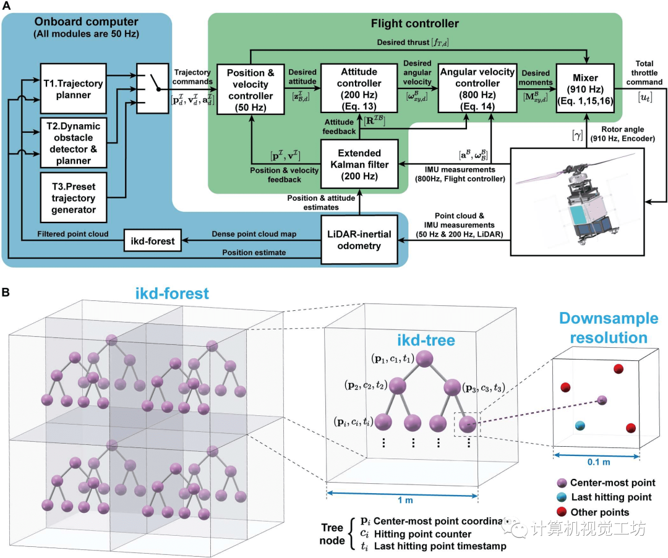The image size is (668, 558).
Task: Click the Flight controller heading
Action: tap(415, 24)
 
